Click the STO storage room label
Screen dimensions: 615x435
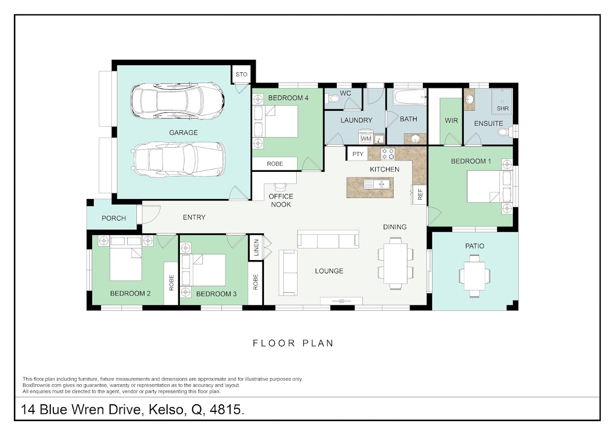pos(241,74)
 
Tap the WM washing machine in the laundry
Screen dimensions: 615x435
pos(366,139)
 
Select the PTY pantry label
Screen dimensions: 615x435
pos(358,154)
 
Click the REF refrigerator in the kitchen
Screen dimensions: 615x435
pos(419,195)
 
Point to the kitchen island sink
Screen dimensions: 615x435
pos(377,184)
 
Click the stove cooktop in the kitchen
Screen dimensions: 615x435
pos(388,154)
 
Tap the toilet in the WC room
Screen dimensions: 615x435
pos(331,98)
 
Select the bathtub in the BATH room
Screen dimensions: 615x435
pos(409,97)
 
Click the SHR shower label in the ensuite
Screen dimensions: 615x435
pos(502,109)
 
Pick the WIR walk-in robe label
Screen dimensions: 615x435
pos(451,121)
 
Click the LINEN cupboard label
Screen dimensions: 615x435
pos(256,248)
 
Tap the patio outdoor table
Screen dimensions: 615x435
pos(475,276)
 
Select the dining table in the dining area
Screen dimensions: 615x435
pos(395,264)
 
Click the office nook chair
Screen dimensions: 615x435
pos(280,187)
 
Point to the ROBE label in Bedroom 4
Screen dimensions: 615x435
pos(275,164)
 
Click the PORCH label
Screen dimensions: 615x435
pos(114,219)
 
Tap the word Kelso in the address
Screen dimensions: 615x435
pos(166,410)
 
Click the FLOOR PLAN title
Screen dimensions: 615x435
pos(293,343)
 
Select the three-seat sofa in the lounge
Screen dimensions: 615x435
pos(328,240)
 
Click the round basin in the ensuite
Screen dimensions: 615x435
pos(470,100)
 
